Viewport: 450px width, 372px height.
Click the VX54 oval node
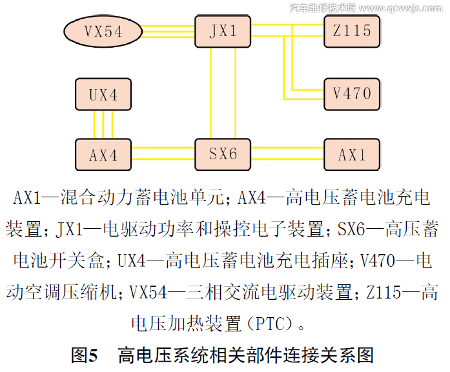[103, 30]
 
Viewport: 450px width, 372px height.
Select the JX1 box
[224, 30]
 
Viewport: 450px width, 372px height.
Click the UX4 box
[103, 95]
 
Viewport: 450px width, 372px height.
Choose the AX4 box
[103, 155]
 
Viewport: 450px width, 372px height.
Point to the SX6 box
[224, 154]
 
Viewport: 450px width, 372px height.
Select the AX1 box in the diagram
[353, 155]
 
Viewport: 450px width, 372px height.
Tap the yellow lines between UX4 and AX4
[103, 124]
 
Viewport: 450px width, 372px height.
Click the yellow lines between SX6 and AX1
[288, 154]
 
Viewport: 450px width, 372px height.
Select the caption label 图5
[84, 355]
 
